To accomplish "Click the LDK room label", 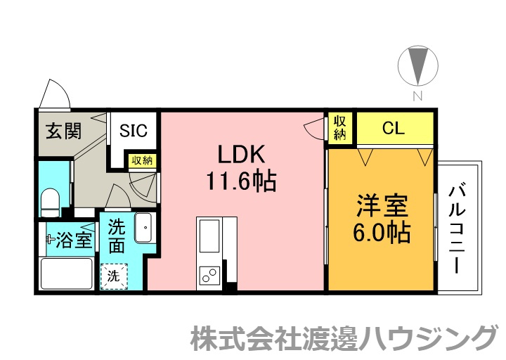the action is (241, 154).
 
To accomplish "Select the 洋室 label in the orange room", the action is (382, 206).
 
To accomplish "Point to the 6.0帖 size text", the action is (382, 232).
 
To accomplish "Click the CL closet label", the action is (394, 128).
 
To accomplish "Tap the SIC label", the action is (134, 131).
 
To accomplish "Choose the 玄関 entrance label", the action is (63, 131).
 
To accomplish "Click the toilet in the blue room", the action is (51, 202).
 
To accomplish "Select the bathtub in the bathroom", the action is (67, 274).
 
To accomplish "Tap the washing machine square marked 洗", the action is (114, 276).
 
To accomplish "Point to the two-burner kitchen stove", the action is (209, 276).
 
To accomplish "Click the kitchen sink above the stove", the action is (209, 236).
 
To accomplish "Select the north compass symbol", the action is (418, 65).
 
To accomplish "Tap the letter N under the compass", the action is (418, 96).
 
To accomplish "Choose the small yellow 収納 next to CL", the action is (340, 128).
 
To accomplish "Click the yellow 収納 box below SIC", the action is (142, 160).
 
